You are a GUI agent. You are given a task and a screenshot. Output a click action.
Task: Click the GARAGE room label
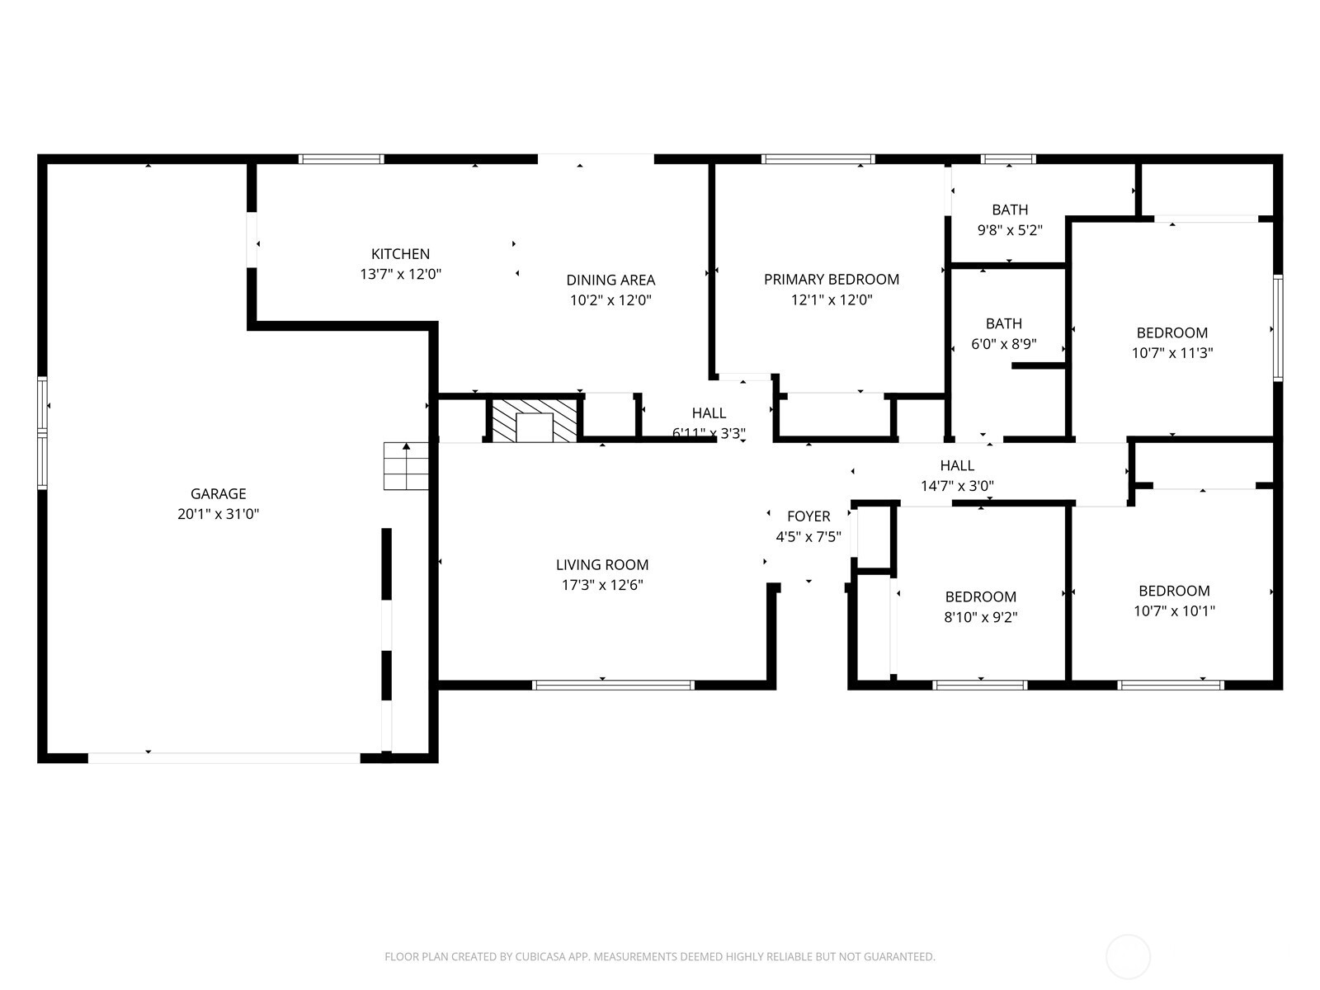[x=218, y=493]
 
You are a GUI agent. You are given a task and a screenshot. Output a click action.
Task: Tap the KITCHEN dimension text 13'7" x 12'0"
[x=400, y=274]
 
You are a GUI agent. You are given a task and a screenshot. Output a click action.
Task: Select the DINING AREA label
[x=610, y=280]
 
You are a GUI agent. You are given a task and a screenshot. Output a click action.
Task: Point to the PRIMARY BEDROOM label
[x=831, y=280]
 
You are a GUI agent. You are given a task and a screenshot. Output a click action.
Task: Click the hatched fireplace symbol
[x=534, y=421]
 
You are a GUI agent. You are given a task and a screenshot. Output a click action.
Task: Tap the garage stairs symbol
[x=406, y=466]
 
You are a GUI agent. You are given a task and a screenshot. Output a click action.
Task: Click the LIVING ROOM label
[x=601, y=565]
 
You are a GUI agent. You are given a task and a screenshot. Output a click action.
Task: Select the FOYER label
[x=808, y=516]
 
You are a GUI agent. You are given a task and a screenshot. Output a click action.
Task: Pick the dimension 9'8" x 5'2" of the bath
[x=1010, y=230]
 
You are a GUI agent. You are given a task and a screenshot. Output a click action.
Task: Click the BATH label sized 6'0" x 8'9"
[x=1003, y=324]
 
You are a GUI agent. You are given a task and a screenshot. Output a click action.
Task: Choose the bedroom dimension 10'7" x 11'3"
[x=1171, y=353]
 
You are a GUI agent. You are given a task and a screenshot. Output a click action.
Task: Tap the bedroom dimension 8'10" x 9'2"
[x=980, y=617]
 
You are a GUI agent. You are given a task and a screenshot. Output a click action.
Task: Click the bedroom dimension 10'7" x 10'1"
[x=1174, y=611]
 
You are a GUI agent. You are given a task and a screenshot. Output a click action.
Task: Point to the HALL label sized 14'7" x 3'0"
[x=956, y=466]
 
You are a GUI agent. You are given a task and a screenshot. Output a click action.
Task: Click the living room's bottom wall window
[x=613, y=685]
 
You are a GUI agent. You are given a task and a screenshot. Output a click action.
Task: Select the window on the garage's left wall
[x=42, y=432]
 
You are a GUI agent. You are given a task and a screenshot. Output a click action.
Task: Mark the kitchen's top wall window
[x=341, y=159]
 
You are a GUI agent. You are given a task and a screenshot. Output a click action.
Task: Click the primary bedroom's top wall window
[x=818, y=159]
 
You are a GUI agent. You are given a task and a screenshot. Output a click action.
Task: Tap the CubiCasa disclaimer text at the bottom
[x=659, y=957]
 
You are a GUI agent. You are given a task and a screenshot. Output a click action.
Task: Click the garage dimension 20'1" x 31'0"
[x=218, y=514]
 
